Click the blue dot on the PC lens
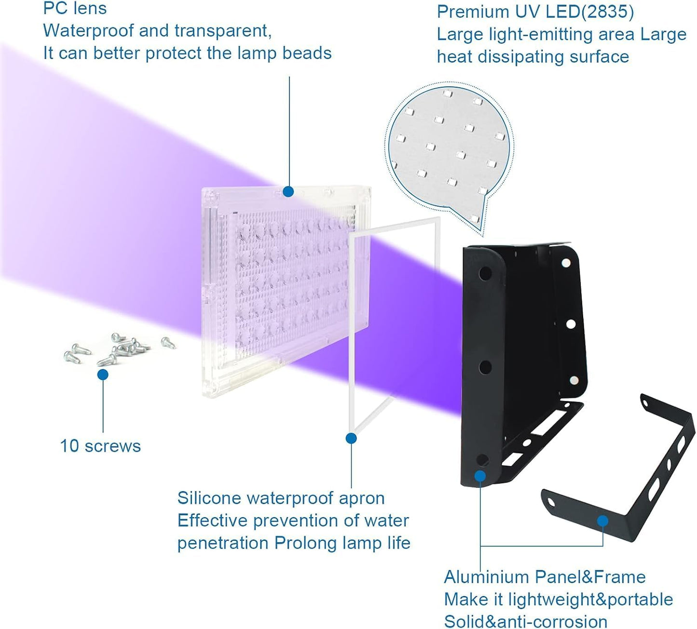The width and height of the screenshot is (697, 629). [288, 192]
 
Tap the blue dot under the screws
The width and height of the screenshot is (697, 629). [103, 375]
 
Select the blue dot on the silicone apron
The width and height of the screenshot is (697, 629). [351, 438]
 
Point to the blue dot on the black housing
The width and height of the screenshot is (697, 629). [480, 476]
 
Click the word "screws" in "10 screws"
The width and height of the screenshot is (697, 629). [113, 446]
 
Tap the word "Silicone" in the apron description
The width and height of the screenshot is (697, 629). [208, 498]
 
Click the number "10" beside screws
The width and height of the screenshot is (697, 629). [69, 446]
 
